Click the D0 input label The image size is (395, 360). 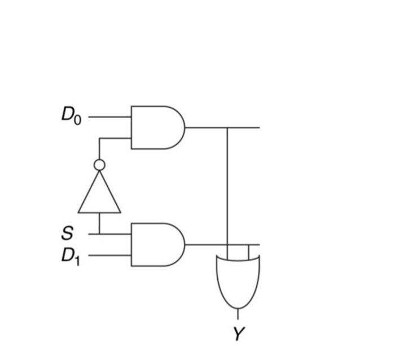71,115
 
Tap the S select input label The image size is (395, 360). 68,232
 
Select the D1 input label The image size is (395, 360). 71,256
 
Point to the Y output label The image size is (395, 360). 239,333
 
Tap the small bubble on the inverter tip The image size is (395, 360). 99,165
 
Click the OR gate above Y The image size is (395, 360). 238,279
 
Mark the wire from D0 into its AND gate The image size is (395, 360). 110,117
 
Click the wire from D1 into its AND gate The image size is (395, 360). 110,256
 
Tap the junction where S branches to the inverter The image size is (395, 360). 99,233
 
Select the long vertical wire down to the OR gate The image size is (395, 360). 227,186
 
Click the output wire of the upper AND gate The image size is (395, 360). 206,128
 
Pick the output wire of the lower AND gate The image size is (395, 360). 206,245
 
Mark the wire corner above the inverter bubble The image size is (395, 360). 99,138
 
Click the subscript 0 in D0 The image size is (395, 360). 78,119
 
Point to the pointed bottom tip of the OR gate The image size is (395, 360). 238,309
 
